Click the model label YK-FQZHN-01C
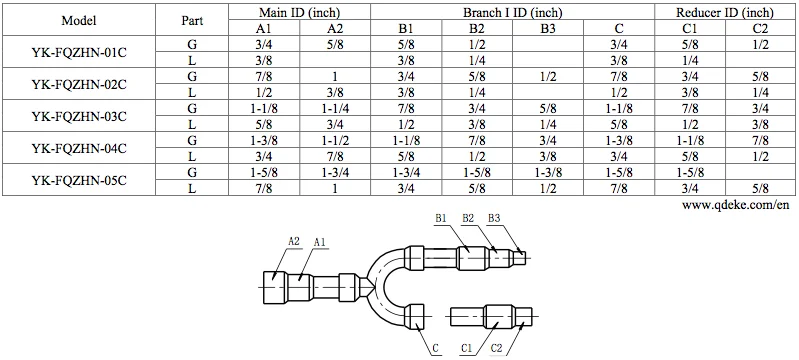(x=78, y=52)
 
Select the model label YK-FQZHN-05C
(x=78, y=180)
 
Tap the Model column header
(x=78, y=20)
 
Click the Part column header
(x=192, y=20)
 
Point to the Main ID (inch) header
(x=299, y=12)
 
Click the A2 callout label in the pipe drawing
(x=294, y=241)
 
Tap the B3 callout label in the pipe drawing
(x=495, y=218)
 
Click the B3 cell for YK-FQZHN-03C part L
(x=548, y=124)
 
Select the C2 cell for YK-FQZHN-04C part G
(x=761, y=140)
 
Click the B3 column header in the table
(x=548, y=28)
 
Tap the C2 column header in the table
(x=761, y=28)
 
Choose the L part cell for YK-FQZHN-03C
(x=192, y=124)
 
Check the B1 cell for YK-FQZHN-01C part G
(x=406, y=44)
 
